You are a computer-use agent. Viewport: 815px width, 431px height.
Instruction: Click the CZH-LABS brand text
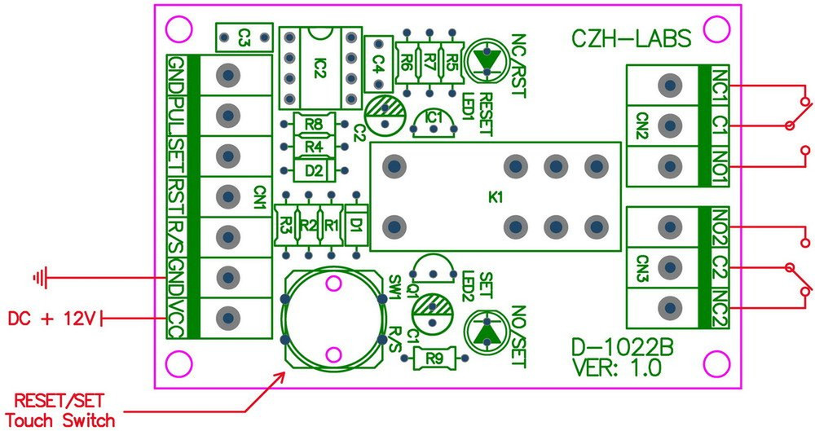(632, 37)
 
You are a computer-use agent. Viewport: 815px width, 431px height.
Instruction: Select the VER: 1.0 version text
(616, 368)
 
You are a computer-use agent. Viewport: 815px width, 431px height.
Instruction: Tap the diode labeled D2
(313, 170)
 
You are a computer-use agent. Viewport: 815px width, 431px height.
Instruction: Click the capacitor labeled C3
(243, 37)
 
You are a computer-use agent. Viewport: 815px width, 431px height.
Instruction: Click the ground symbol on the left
(39, 279)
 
